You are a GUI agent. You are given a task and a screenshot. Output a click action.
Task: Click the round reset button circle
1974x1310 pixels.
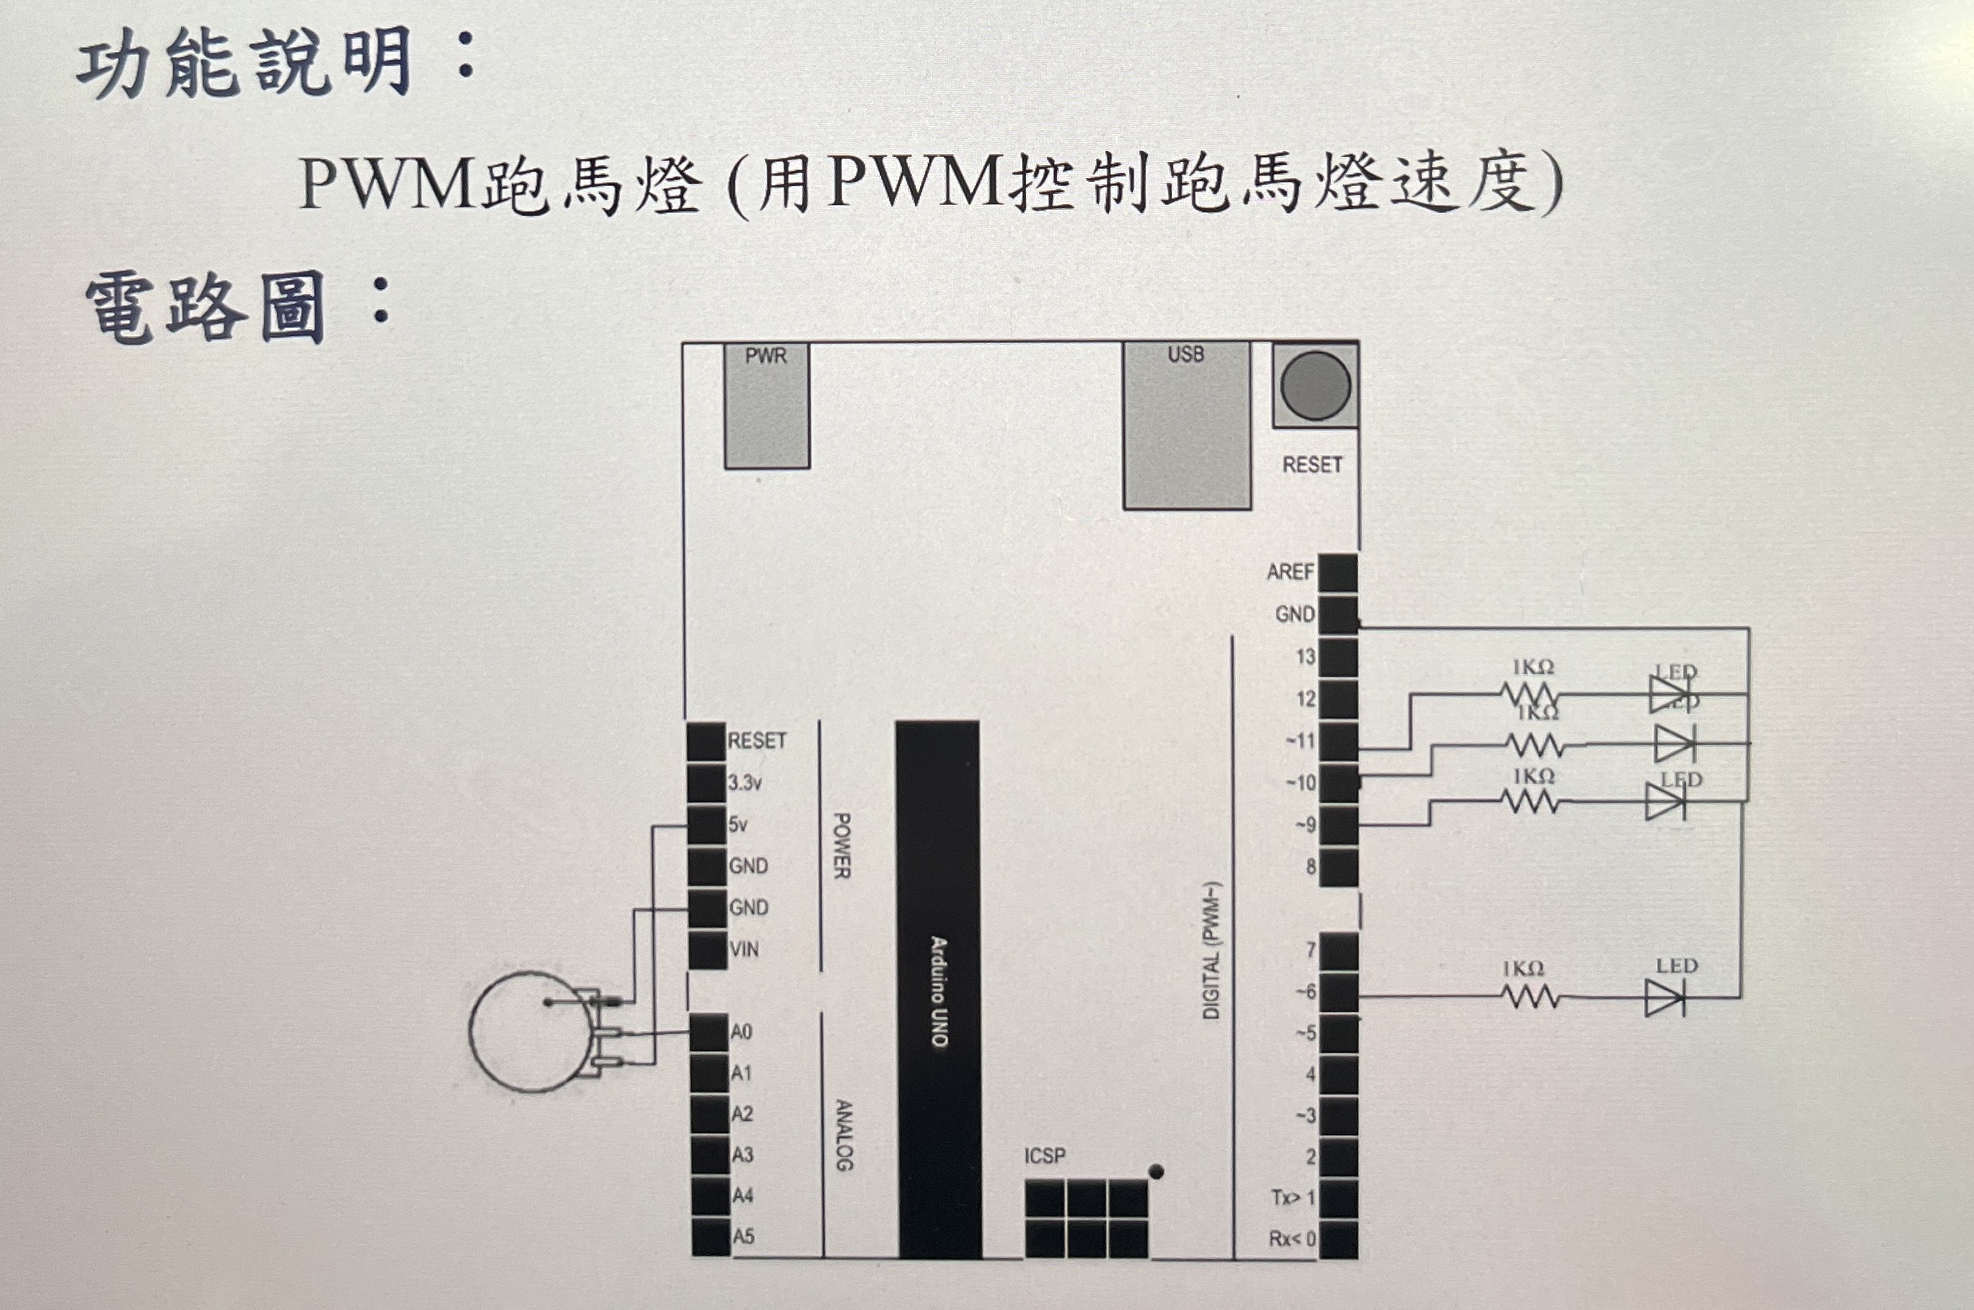(1315, 385)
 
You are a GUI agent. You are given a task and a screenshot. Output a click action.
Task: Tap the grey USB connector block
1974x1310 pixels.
(1186, 425)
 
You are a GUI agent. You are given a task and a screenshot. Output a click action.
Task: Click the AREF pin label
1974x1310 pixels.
(1291, 572)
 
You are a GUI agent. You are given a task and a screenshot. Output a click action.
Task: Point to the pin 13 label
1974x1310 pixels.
(1305, 657)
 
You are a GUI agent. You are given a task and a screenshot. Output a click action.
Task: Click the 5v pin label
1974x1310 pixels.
(737, 825)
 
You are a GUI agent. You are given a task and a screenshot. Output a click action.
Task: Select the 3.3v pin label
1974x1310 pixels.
(744, 783)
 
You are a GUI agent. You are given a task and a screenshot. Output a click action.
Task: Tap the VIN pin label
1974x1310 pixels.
(744, 949)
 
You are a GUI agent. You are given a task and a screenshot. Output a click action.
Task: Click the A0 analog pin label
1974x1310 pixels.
(741, 1032)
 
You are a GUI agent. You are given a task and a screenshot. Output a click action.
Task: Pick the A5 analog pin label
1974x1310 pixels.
(743, 1236)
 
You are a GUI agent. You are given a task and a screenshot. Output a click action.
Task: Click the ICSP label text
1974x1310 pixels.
(1045, 1155)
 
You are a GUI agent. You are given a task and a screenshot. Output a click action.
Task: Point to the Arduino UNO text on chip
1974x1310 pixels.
(939, 992)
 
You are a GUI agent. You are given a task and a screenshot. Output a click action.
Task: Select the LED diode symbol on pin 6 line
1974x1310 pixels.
(1664, 997)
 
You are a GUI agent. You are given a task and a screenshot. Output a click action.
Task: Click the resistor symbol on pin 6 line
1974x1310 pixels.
(1530, 996)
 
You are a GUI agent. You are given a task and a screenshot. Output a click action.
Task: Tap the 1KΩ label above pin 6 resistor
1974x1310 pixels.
(1523, 969)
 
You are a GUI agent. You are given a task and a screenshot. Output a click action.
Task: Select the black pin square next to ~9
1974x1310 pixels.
(1339, 825)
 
